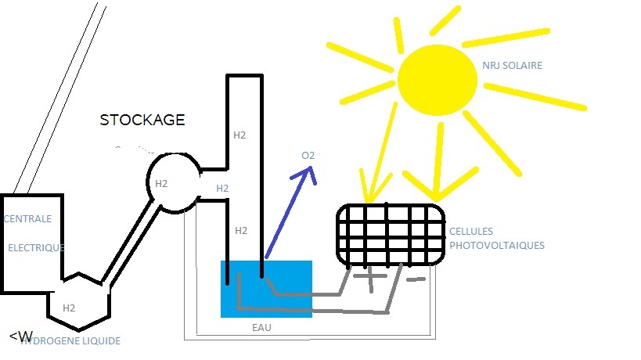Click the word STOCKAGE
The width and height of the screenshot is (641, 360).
pos(142,120)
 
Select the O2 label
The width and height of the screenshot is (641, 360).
pos(308,156)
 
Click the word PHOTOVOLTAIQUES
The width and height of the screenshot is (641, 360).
pos(496,245)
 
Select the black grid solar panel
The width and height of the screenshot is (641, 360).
pos(390,234)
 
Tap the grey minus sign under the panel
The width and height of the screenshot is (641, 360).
pos(416,279)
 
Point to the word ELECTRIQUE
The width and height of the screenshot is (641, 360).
pos(36,247)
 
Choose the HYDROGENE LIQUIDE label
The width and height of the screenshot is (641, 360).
pos(70,341)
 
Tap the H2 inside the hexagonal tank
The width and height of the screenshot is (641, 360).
pos(70,308)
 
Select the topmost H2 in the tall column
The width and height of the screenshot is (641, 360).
pos(239,135)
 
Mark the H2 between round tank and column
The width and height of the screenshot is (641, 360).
pos(222,188)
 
